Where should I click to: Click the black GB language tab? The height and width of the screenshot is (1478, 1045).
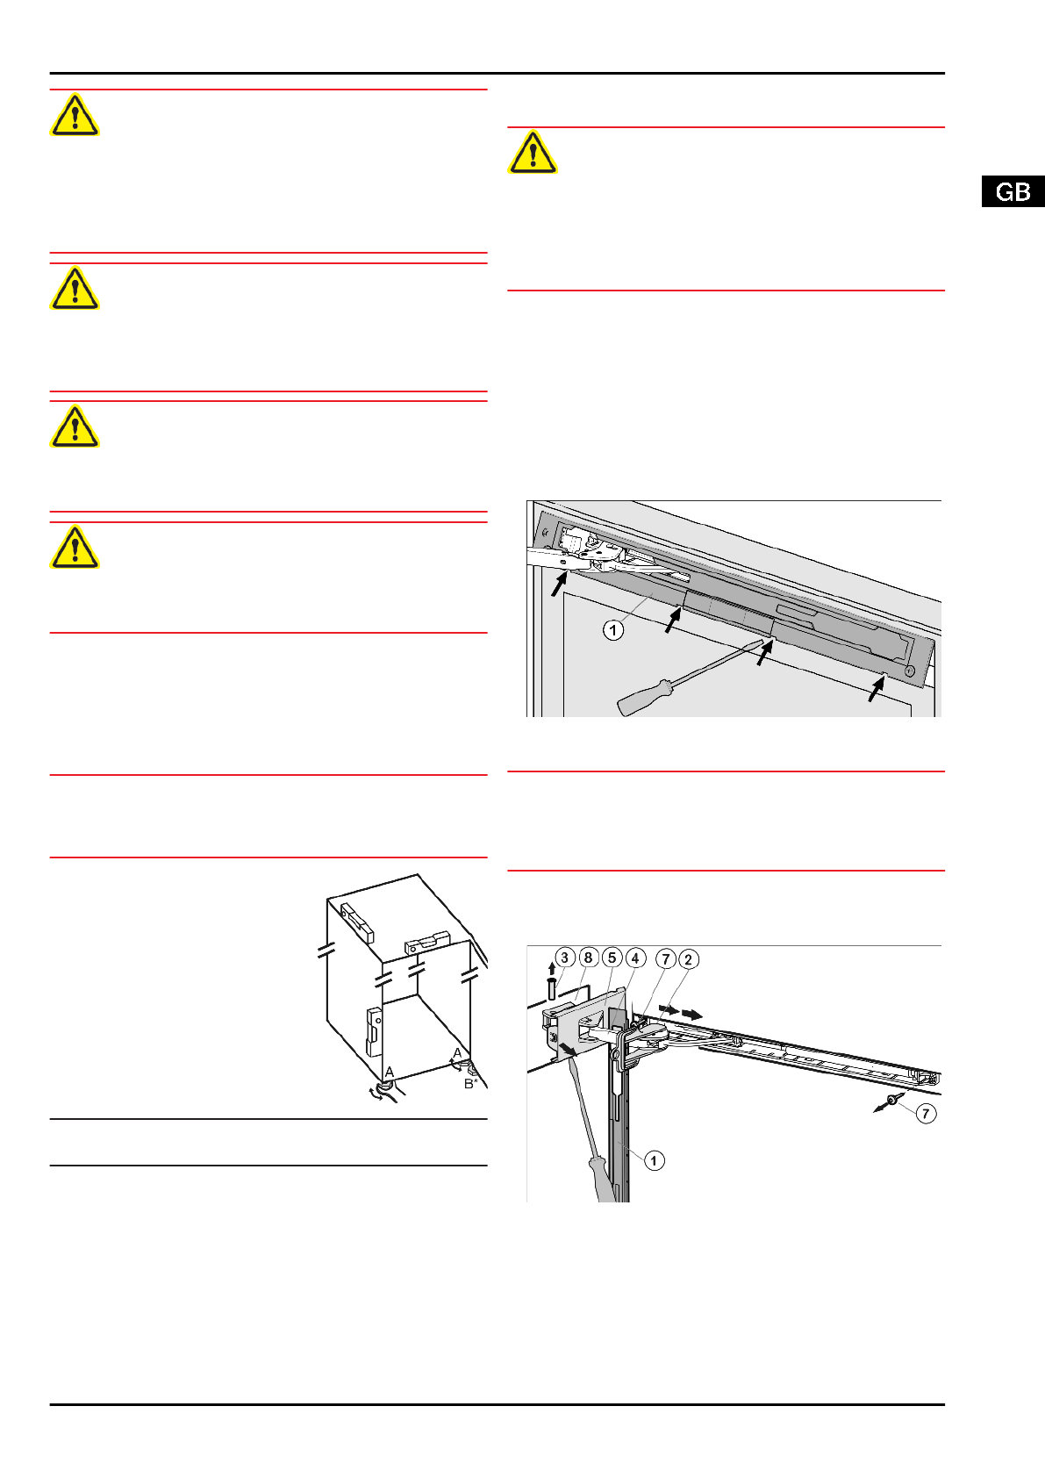[x=1013, y=191]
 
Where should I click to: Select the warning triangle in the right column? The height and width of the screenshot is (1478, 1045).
[x=533, y=153]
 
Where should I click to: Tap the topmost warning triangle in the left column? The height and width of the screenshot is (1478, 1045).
[x=75, y=115]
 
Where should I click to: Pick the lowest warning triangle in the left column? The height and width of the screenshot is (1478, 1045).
[x=75, y=547]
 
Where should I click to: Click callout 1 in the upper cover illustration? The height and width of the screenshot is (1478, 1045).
[x=613, y=630]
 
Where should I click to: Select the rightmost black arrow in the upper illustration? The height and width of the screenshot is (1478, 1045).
[x=877, y=689]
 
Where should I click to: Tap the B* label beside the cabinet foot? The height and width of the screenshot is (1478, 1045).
[x=470, y=1084]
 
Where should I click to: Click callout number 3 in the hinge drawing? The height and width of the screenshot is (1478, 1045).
[x=565, y=958]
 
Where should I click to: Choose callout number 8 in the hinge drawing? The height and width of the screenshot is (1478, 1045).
[x=589, y=958]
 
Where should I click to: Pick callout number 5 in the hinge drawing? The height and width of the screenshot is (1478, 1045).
[x=612, y=958]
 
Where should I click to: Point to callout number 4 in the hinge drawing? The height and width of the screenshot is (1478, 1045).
[x=635, y=958]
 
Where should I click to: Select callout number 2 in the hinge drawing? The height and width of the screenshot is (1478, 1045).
[x=688, y=959]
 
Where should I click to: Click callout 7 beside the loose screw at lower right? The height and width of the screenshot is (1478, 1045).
[x=926, y=1114]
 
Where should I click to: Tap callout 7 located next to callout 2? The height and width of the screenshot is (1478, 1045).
[x=666, y=959]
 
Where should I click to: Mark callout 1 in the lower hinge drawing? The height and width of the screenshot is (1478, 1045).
[x=654, y=1160]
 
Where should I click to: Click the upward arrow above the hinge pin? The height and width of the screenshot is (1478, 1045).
[x=552, y=969]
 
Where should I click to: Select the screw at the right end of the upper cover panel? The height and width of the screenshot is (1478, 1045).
[x=909, y=671]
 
